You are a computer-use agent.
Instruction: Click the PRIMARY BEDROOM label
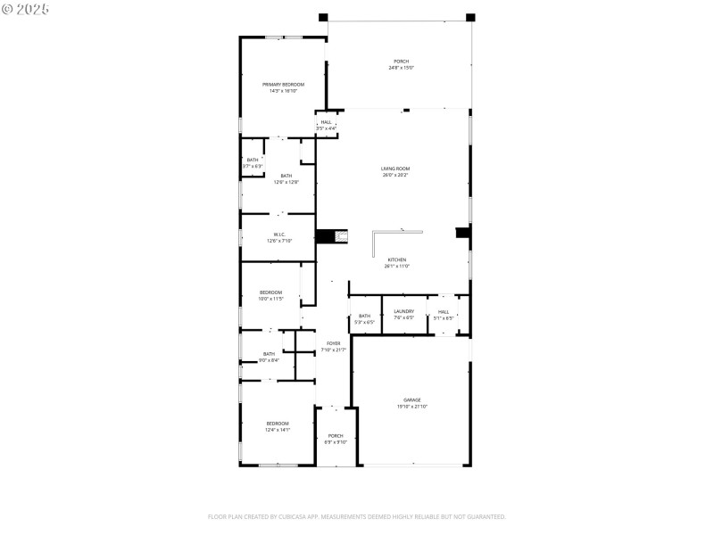(x=277, y=84)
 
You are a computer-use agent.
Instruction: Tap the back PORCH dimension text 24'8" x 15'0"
(x=401, y=68)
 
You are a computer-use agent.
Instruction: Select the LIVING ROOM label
(x=395, y=168)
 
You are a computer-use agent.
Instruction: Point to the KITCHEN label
(x=396, y=259)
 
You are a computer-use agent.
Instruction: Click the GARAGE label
(x=411, y=399)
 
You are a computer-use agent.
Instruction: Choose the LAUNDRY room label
(x=403, y=311)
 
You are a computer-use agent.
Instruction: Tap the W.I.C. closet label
(x=279, y=235)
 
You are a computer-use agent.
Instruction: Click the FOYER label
(x=333, y=342)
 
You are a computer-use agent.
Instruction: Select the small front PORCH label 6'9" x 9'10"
(x=336, y=436)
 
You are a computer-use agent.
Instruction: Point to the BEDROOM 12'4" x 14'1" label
(x=278, y=423)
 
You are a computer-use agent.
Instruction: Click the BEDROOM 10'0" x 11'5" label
(x=270, y=292)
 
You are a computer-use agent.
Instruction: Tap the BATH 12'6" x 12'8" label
(x=286, y=176)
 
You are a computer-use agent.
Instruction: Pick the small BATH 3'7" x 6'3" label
(x=253, y=160)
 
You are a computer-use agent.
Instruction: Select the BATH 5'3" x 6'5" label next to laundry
(x=364, y=316)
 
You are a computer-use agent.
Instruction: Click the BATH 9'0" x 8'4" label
(x=269, y=354)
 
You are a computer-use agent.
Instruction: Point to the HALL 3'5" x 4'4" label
(x=326, y=122)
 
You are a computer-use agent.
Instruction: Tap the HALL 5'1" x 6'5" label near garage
(x=443, y=311)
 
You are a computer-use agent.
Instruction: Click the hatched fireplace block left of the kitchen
(x=340, y=236)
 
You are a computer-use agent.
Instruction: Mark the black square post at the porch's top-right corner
(x=470, y=17)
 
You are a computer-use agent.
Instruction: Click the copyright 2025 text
(x=26, y=8)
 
